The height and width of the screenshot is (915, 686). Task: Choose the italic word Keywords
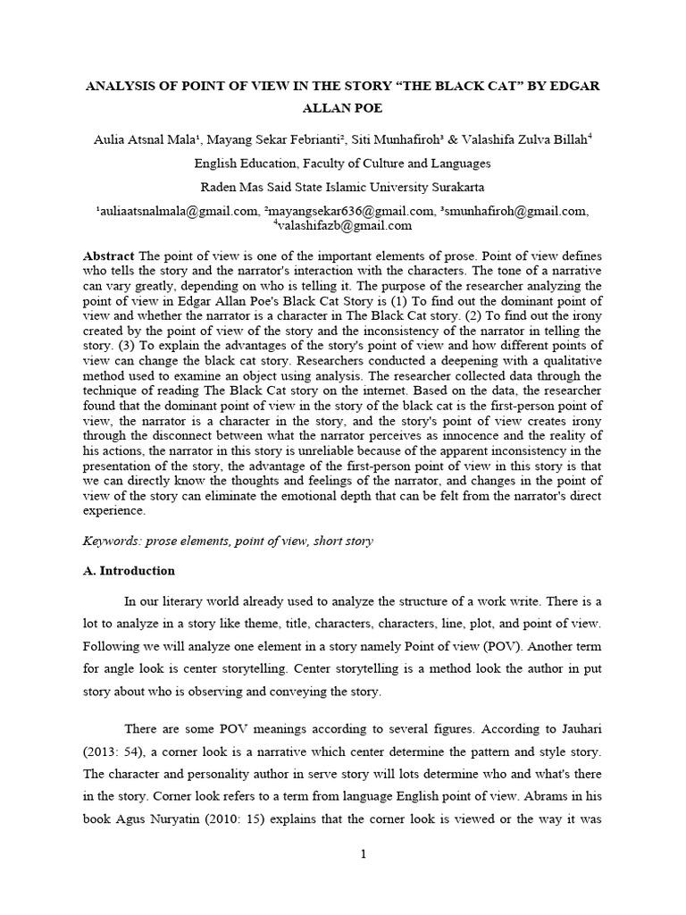click(109, 541)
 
